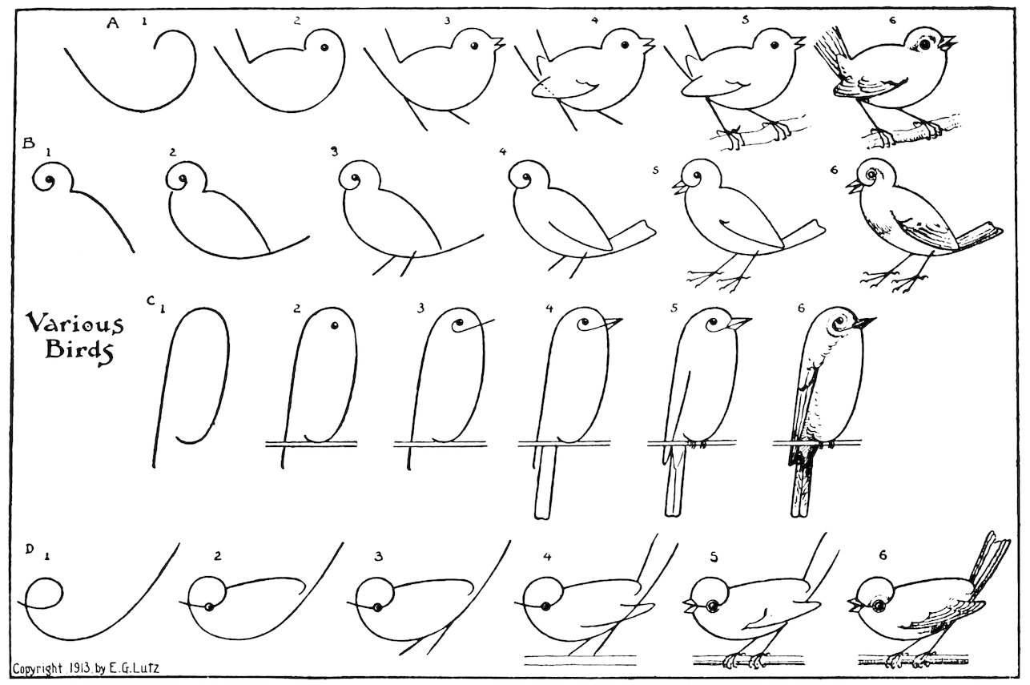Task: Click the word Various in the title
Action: coord(74,324)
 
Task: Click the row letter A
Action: coord(113,23)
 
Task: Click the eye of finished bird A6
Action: coord(927,46)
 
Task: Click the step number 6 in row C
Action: coord(800,307)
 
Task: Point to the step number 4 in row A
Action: coord(594,20)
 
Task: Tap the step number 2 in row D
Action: coord(217,555)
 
